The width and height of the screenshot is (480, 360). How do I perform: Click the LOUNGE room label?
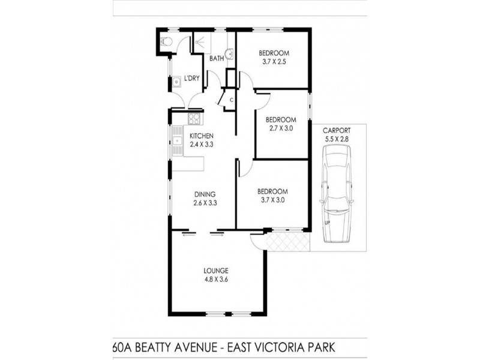(216, 270)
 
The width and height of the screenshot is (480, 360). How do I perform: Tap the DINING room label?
(205, 194)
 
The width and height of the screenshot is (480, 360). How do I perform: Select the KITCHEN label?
(202, 136)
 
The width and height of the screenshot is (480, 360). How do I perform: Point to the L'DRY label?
(192, 79)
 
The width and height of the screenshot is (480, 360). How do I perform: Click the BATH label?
(216, 58)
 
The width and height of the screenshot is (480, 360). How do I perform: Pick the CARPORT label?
(336, 130)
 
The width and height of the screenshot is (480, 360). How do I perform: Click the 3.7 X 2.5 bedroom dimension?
(275, 61)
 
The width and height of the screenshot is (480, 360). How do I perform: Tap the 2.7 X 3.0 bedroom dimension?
(281, 128)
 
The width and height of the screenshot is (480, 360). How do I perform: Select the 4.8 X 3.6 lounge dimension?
(216, 278)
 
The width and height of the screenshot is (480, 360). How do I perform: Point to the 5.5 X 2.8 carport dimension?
(336, 139)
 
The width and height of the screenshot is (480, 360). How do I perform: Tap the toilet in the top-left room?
(167, 41)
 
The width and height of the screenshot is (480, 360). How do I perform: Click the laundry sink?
(177, 82)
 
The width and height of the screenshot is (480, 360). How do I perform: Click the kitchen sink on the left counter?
(178, 142)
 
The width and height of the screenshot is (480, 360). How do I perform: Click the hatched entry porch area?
(287, 241)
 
